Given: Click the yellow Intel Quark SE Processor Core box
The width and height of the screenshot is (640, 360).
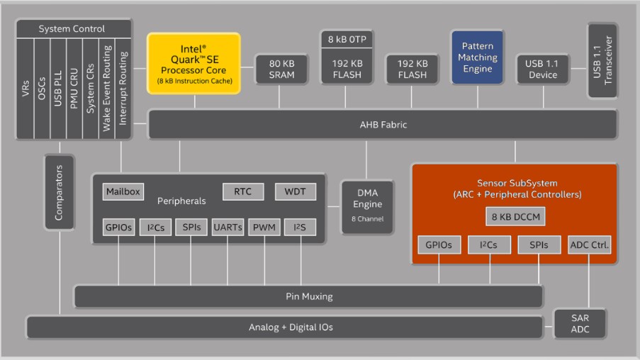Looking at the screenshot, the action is pos(194,64).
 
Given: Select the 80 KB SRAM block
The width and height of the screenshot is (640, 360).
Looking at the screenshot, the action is pos(281,69).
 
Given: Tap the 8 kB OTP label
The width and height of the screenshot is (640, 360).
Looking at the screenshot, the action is pos(347,39).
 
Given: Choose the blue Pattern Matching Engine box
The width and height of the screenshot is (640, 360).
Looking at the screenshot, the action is pos(478,57).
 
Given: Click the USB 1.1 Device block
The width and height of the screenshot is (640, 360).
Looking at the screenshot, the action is pos(543,69).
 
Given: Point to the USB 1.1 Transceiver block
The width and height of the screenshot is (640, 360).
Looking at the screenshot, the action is pos(602,60).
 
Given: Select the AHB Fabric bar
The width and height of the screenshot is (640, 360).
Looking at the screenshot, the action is pos(383,125).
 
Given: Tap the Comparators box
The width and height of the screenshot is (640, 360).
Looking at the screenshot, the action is pos(60,192).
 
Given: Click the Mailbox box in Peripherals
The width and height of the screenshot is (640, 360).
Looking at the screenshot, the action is pos(123,191).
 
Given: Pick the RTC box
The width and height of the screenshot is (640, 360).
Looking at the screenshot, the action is pos(243,191).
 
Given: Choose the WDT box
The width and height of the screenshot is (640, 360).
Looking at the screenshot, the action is pos(295,191).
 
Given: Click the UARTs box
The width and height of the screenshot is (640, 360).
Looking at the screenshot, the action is pos(228,227).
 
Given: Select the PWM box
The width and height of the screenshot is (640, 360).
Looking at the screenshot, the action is pos(264,227).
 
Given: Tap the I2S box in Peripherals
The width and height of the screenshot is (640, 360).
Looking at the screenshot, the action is pos(300,227).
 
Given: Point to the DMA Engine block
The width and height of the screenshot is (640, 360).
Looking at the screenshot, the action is pos(367,207).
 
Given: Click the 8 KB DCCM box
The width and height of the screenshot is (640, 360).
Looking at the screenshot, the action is pos(515,217).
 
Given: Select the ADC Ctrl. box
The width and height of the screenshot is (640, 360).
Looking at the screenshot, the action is pos(589,245).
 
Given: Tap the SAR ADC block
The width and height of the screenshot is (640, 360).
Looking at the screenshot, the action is pos(580,324).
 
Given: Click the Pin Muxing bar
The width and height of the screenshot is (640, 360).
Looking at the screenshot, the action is pos(308,296).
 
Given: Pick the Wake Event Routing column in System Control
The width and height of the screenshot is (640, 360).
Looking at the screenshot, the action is pos(106,89).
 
